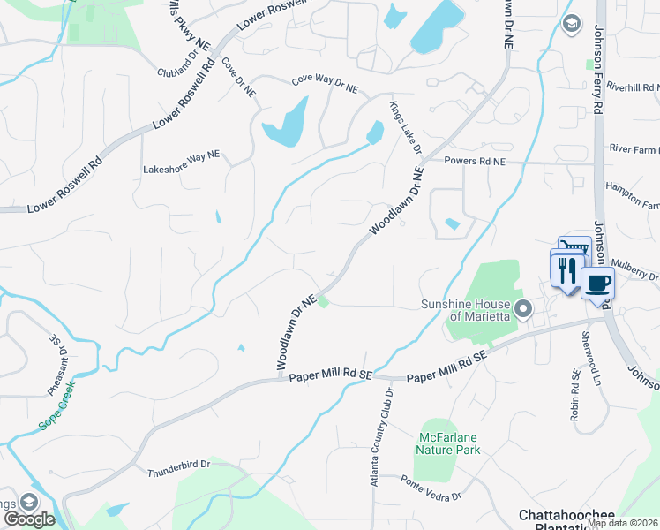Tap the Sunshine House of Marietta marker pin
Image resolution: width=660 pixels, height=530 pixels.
pyautogui.click(x=523, y=309)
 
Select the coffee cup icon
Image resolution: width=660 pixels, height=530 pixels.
pyautogui.click(x=597, y=284)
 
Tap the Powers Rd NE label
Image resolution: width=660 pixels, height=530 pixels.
pyautogui.click(x=475, y=162)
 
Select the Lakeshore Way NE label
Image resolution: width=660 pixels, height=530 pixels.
pyautogui.click(x=181, y=157)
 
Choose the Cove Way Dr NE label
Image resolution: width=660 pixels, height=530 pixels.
pyautogui.click(x=326, y=82)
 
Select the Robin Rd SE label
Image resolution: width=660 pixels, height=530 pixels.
pyautogui.click(x=574, y=395)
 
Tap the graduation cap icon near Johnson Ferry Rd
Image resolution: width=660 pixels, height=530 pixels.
pyautogui.click(x=571, y=23)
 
